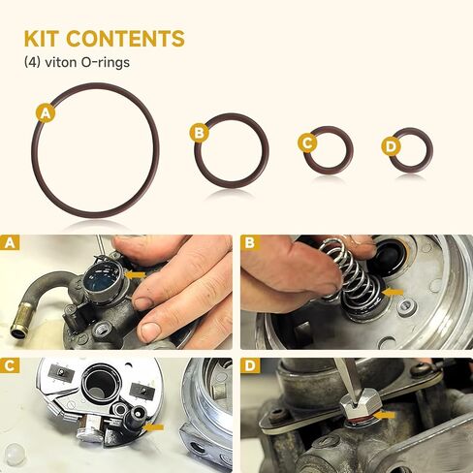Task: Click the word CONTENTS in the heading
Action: pos(126,39)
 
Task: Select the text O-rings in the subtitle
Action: pos(106,62)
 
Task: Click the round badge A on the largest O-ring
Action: pos(43,113)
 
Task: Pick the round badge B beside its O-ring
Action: pos(199,132)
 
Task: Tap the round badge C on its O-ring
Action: pos(306,143)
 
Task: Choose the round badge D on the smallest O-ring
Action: pos(391,145)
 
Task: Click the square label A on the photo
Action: pos(11,243)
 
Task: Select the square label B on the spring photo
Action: pos(251,243)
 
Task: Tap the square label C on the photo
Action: pos(11,367)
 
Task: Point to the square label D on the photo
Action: pos(251,367)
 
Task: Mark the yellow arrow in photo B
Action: pos(394,290)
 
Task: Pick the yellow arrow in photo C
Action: pos(153,425)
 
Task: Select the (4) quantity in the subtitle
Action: pos(33,62)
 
